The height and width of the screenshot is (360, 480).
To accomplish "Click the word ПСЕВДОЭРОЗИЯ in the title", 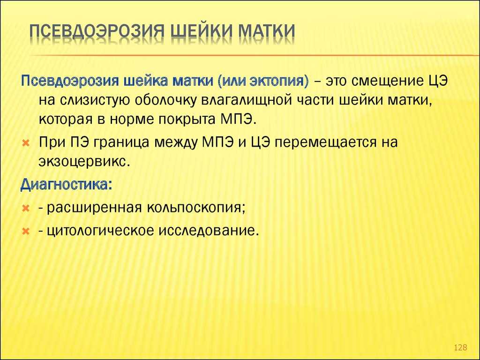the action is tap(97, 31).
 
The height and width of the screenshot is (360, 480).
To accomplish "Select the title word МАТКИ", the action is tap(266, 31).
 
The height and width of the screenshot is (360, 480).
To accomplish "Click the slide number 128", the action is tap(460, 347).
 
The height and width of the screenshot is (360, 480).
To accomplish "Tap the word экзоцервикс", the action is tap(82, 162).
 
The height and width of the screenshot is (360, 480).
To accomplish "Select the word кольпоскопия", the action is tap(196, 208).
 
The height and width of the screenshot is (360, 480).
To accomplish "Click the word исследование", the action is tap(207, 231).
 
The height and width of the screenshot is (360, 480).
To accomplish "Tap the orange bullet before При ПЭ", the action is tap(26, 143).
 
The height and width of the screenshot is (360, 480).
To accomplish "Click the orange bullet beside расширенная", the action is tap(26, 209).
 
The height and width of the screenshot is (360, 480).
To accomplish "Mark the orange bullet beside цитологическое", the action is tap(26, 232).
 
